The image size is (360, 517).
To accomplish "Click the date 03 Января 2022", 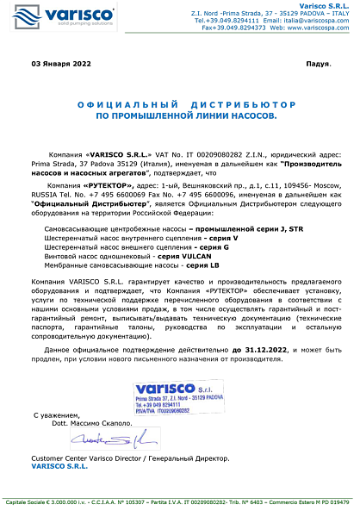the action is tap(61, 65).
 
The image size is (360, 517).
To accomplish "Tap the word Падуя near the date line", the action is tap(318, 65).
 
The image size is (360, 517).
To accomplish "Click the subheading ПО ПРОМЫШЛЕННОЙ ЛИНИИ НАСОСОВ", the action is tap(181, 114).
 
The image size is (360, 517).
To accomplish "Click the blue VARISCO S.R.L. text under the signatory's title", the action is tap(59, 465).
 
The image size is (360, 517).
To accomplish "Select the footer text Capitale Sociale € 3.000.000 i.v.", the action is tap(42, 501).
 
